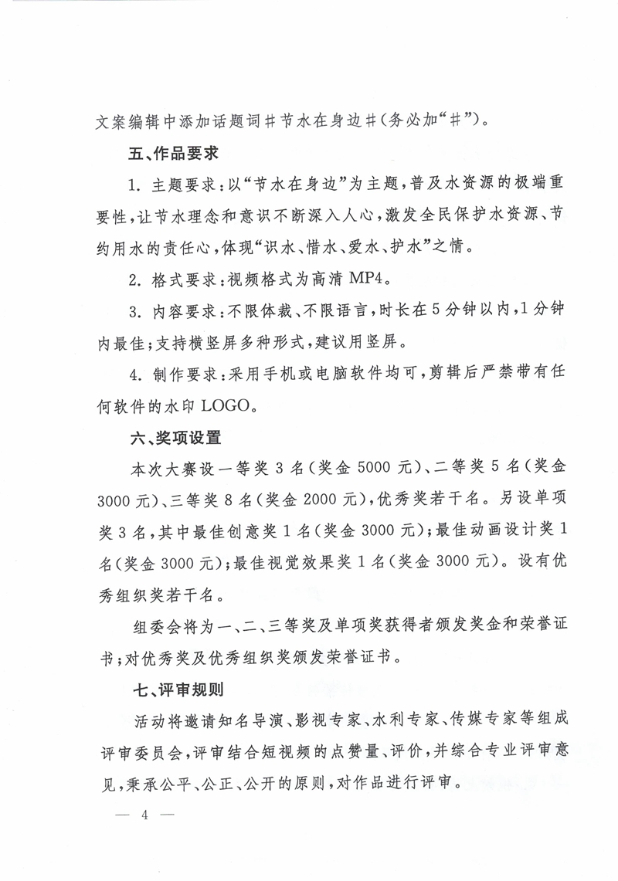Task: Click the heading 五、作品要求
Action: pos(175,154)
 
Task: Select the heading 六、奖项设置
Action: pos(175,439)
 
